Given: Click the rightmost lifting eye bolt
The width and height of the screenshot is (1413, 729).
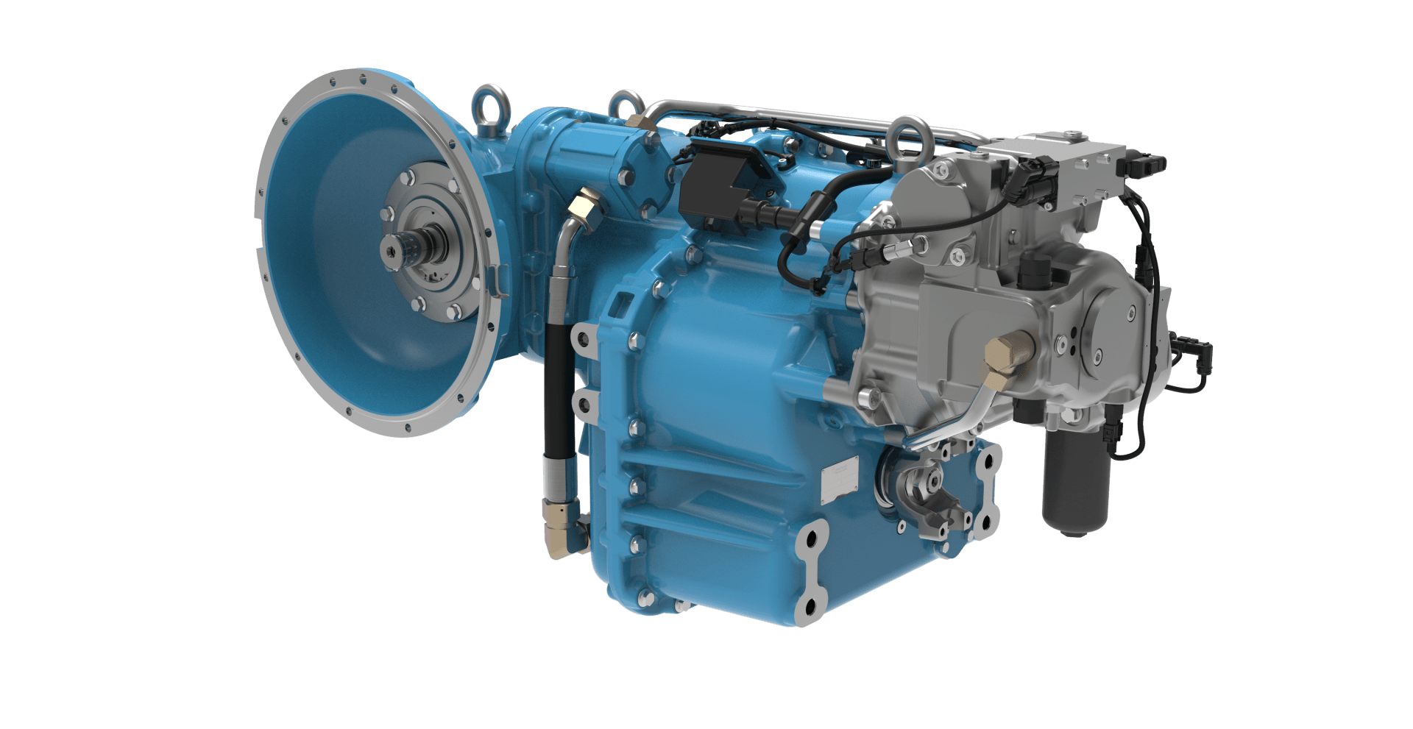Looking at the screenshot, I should click(907, 136).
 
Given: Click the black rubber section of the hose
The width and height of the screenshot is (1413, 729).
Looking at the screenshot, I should click(558, 390).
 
